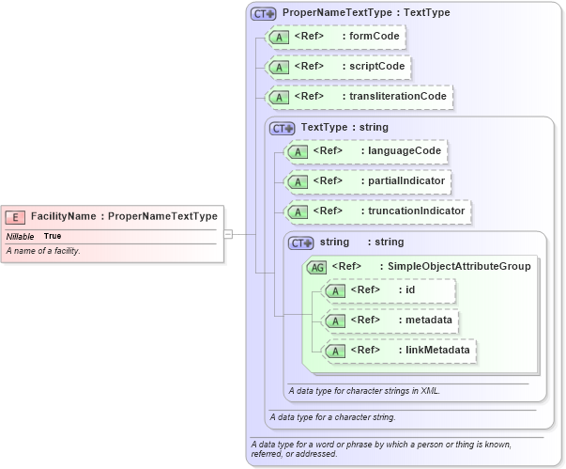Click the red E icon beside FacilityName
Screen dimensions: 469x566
point(17,216)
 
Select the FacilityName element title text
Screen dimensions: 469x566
point(124,216)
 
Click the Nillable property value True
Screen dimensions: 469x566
point(53,236)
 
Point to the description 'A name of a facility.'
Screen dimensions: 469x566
point(43,251)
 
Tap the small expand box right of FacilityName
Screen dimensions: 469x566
point(227,234)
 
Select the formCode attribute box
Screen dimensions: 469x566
point(335,38)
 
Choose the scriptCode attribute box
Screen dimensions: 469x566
point(339,68)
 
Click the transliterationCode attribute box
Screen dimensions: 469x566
point(359,97)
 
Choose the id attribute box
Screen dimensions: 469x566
point(389,290)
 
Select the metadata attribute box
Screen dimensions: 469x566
point(389,320)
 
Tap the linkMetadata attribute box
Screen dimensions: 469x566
point(398,351)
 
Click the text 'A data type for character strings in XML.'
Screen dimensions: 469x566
point(364,390)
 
